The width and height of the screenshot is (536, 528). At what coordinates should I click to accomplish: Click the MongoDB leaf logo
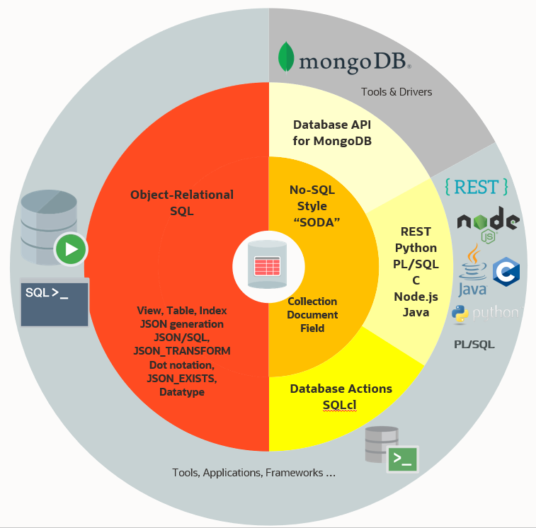click(x=286, y=57)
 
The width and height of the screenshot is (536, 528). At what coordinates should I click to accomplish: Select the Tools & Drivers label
click(x=397, y=92)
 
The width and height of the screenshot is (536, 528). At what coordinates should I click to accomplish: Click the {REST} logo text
click(x=476, y=187)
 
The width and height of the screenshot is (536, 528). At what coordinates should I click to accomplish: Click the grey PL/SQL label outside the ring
click(x=474, y=345)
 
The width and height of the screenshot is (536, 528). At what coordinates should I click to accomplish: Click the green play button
click(x=71, y=249)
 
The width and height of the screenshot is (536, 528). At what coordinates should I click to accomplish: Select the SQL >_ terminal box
click(x=55, y=303)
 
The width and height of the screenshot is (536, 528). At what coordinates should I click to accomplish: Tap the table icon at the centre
click(x=268, y=267)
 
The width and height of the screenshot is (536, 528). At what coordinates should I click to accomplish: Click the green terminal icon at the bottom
click(x=401, y=459)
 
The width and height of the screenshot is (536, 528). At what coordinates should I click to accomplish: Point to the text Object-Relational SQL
click(x=182, y=202)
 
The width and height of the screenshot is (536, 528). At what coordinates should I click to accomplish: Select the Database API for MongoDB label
click(x=332, y=132)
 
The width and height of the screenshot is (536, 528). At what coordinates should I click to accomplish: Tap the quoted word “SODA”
click(x=312, y=222)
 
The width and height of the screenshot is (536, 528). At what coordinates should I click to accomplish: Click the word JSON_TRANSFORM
click(x=182, y=351)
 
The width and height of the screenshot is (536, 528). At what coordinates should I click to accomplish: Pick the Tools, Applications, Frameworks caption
click(x=253, y=473)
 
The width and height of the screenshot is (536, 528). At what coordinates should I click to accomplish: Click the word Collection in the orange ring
click(x=312, y=302)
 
